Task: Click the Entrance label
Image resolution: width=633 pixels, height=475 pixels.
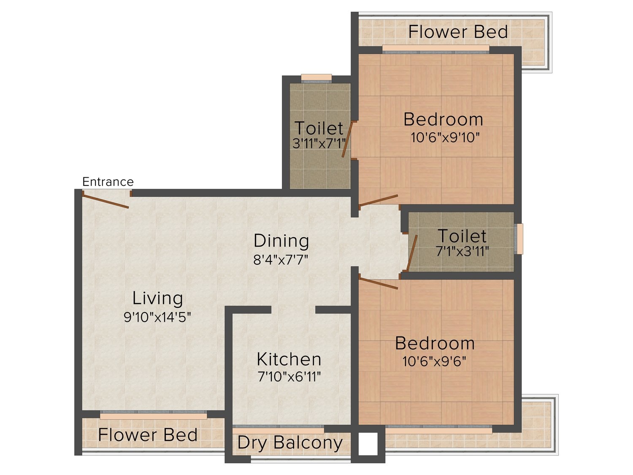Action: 108,182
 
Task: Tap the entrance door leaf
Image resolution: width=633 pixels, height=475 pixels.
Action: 105,201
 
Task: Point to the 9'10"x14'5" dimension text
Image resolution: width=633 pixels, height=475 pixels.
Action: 157,317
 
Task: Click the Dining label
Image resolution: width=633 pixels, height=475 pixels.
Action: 281,241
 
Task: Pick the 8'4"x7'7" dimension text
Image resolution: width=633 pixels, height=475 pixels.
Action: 281,260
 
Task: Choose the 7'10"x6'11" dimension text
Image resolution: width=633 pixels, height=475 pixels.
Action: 289,376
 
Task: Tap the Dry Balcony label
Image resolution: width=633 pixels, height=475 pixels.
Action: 290,442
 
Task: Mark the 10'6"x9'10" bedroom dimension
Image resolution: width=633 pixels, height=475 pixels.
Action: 445,138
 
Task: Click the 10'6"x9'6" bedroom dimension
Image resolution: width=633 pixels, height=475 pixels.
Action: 434,361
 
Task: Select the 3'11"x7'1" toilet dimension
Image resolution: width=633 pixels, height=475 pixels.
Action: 319,143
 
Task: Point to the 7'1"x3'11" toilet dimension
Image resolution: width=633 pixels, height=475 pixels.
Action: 462,251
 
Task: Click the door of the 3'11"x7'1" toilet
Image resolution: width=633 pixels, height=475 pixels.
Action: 347,139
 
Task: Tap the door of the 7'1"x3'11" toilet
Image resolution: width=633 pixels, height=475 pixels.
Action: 412,253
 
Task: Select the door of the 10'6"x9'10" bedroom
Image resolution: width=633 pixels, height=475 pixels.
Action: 379,200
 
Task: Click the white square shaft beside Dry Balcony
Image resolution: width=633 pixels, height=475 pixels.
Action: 368,443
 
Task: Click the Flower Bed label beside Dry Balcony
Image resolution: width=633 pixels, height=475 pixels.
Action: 148,434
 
